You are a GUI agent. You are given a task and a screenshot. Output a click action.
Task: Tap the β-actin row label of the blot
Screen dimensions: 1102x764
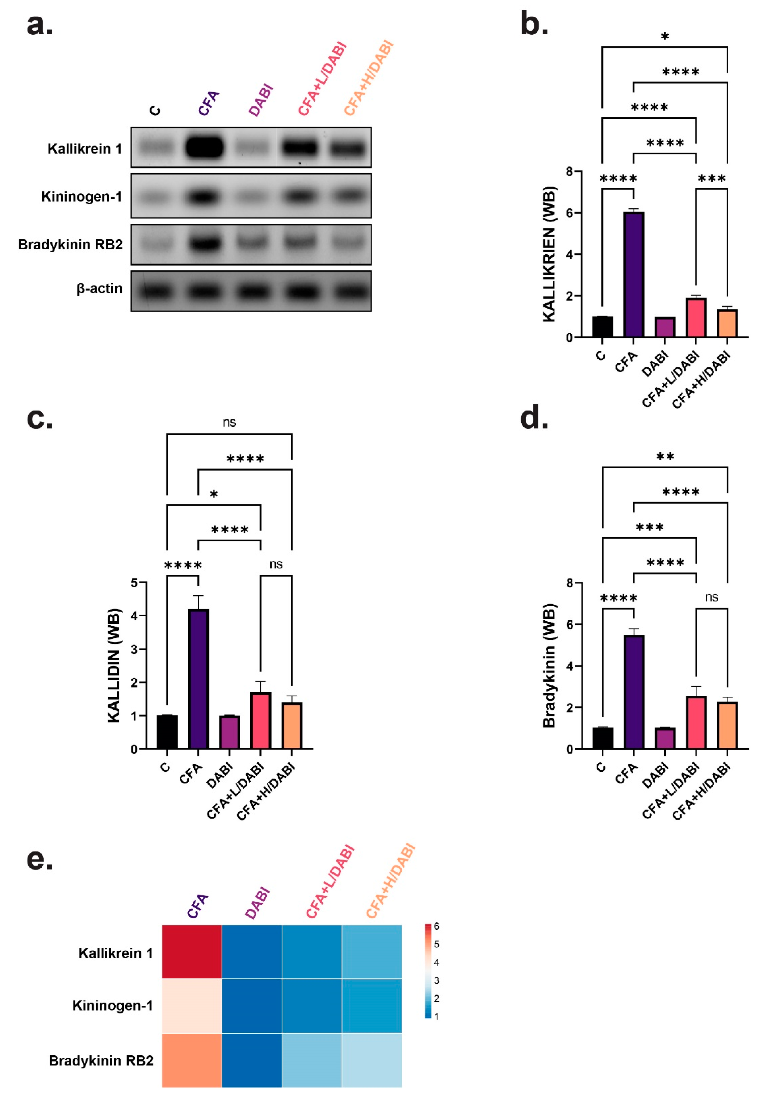100,289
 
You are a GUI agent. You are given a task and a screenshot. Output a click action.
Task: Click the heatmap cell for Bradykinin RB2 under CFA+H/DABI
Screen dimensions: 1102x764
372,1060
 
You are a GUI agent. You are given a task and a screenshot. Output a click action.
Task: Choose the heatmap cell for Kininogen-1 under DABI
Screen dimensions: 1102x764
252,1006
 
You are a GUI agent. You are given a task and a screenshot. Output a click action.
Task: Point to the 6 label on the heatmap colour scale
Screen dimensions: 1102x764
436,926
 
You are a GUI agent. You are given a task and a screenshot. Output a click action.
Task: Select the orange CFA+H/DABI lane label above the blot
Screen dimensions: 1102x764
369,79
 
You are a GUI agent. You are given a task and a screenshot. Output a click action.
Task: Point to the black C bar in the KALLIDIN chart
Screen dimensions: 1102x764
167,732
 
